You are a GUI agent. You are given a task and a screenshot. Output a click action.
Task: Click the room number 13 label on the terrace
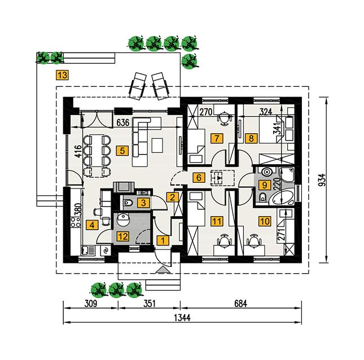63,74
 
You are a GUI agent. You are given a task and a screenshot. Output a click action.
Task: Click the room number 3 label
144,202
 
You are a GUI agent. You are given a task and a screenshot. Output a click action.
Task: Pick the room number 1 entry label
163,240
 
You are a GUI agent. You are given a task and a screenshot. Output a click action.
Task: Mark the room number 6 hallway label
198,178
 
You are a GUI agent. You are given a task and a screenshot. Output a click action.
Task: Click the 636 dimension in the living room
124,121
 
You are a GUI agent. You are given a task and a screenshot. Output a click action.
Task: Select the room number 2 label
173,196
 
